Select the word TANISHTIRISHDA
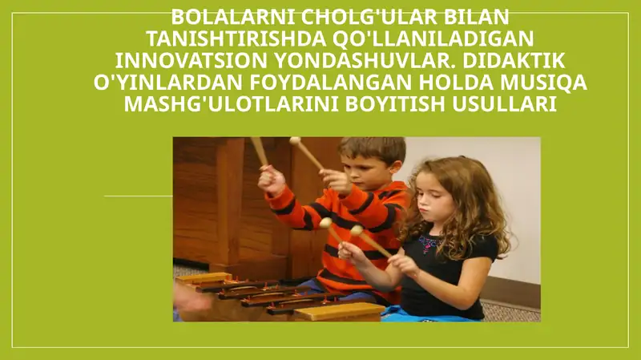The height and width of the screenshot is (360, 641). point(232,38)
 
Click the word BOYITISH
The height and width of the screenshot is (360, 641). point(398,104)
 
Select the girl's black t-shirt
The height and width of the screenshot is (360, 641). point(449,277)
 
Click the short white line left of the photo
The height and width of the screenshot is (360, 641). point(138,196)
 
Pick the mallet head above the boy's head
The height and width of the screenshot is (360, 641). point(295,141)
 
